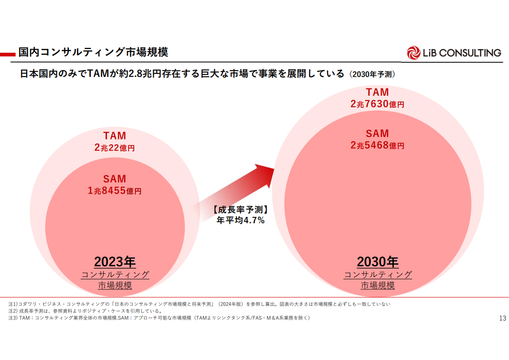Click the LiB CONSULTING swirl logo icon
[414, 53]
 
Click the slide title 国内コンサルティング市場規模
[93, 52]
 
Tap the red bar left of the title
[8, 54]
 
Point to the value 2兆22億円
[114, 148]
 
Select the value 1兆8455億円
[114, 191]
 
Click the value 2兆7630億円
[377, 104]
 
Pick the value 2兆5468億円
[377, 145]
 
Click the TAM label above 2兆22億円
[114, 136]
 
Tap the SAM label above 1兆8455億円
[114, 179]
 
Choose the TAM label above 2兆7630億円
[377, 92]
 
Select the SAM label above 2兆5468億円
[377, 133]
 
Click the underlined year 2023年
[115, 262]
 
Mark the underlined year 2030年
[378, 262]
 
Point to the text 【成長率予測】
[240, 210]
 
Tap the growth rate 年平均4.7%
[241, 220]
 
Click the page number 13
[502, 318]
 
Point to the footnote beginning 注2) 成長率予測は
[85, 311]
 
